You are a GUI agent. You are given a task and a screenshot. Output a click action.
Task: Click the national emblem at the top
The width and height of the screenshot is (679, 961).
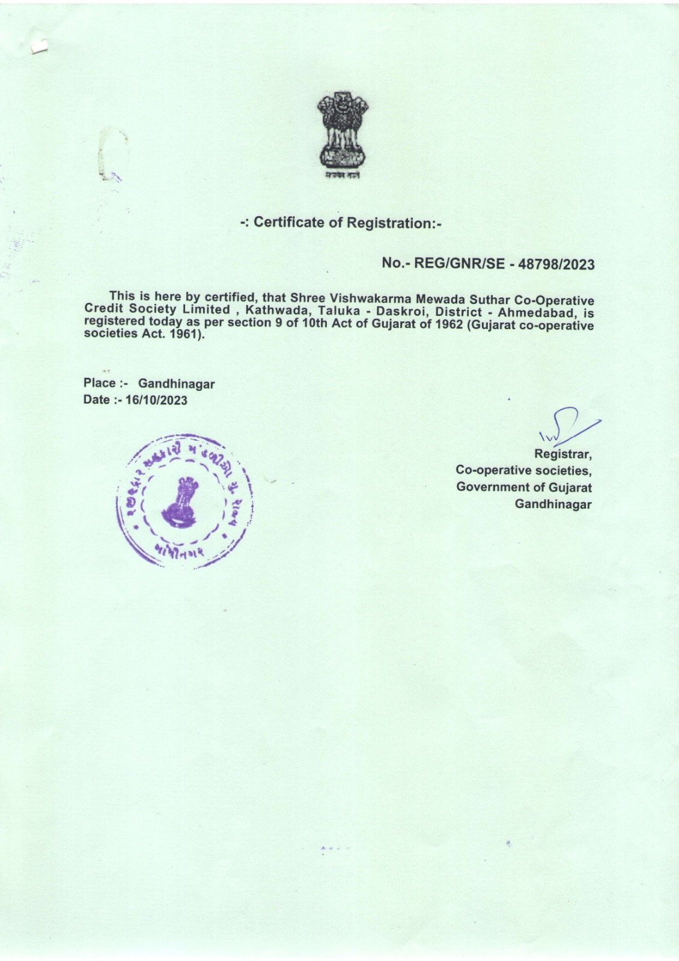tap(343, 133)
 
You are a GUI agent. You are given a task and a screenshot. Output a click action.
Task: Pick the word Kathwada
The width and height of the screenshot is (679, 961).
tap(276, 311)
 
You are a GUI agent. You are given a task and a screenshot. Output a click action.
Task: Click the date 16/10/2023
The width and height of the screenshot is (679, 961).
tap(155, 400)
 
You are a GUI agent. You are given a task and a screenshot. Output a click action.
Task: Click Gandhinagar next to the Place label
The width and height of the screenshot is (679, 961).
tap(176, 383)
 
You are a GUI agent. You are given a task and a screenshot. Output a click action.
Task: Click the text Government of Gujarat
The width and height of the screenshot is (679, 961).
tap(524, 487)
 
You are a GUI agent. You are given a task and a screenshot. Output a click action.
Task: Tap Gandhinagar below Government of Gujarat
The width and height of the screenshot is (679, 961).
tap(553, 504)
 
